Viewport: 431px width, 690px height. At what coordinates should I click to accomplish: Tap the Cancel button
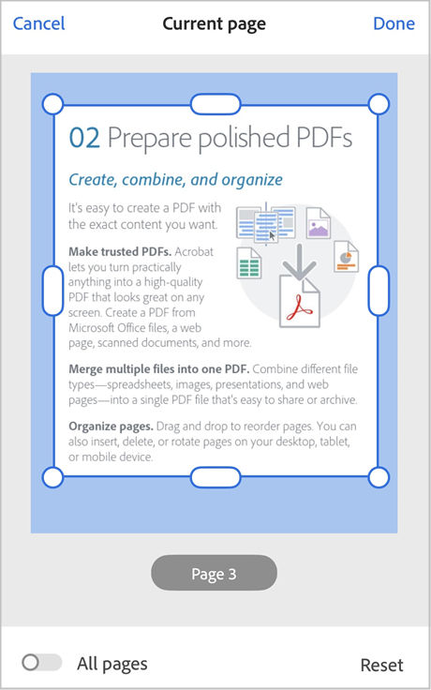coord(38,23)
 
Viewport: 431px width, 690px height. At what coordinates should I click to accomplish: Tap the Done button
coord(394,23)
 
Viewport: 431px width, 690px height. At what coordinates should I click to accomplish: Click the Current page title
coord(215,23)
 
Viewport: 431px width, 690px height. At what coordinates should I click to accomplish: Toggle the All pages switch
coord(41,663)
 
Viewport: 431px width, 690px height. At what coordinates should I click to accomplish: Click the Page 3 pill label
coord(214,574)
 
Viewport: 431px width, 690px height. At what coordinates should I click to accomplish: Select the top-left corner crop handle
coord(53,103)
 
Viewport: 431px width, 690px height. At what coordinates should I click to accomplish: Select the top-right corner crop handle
coord(379,103)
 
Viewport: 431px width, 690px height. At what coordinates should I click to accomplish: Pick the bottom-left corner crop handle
coord(53,477)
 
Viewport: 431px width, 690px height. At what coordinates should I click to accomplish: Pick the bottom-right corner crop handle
coord(379,477)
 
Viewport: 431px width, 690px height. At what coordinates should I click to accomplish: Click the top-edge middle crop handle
coord(215,103)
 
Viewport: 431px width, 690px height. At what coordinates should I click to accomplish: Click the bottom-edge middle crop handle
coord(215,477)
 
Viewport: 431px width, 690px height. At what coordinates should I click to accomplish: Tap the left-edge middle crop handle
coord(53,290)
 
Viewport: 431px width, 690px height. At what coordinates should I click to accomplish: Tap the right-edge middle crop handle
coord(379,290)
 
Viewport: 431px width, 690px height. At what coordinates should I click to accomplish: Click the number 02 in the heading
coord(84,139)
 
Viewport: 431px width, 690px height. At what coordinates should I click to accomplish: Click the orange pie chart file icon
coord(346,255)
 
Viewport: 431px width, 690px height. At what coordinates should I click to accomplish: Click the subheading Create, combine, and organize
coord(175,179)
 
